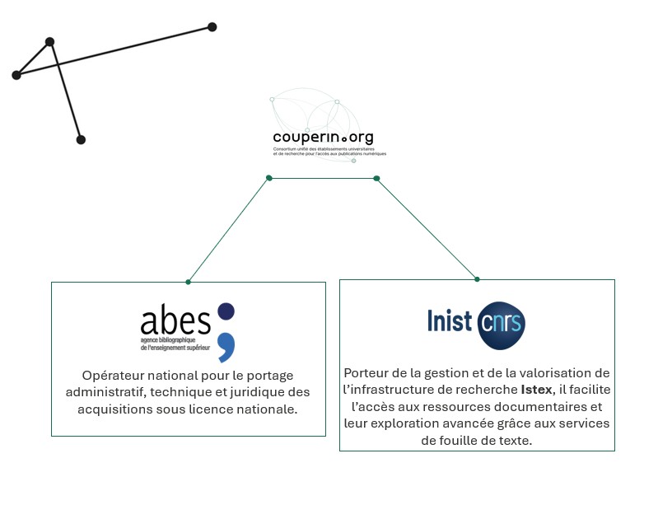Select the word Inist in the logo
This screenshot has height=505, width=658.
pyautogui.click(x=449, y=320)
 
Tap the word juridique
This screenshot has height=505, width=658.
pyautogui.click(x=252, y=391)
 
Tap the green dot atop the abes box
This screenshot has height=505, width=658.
pyautogui.click(x=188, y=282)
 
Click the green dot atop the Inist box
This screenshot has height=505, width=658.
pyautogui.click(x=477, y=278)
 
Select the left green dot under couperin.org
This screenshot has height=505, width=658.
pyautogui.click(x=268, y=178)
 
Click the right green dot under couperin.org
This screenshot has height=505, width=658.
pyautogui.click(x=376, y=178)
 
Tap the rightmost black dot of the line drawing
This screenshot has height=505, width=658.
pyautogui.click(x=212, y=27)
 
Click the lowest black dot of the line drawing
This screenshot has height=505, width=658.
pyautogui.click(x=81, y=140)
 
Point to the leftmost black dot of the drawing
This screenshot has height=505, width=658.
pyautogui.click(x=16, y=75)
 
